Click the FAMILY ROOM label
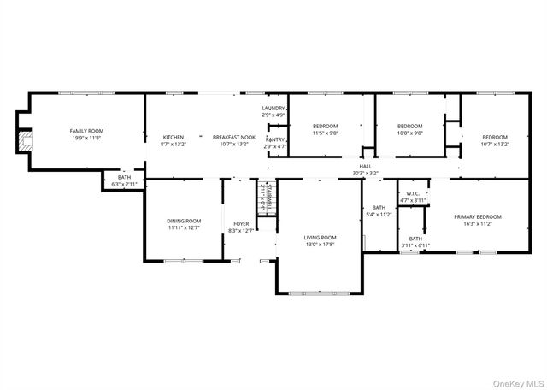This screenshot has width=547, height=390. (86, 131)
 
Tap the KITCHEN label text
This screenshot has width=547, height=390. (174, 137)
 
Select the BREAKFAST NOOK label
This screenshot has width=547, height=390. (233, 137)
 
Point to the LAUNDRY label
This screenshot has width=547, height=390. (273, 109)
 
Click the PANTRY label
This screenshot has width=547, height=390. (275, 139)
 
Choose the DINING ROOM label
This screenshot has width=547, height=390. (183, 221)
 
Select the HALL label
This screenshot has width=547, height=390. (365, 166)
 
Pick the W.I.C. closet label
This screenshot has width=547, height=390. (413, 193)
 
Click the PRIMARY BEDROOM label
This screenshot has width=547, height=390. (477, 217)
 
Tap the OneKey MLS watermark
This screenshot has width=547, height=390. (515, 382)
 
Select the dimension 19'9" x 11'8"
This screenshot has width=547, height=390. (86, 138)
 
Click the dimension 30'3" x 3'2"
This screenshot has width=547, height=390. (365, 173)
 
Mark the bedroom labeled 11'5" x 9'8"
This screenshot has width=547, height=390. (325, 129)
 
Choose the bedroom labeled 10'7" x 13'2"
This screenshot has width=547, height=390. (494, 140)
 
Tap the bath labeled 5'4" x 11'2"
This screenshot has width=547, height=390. (379, 210)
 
